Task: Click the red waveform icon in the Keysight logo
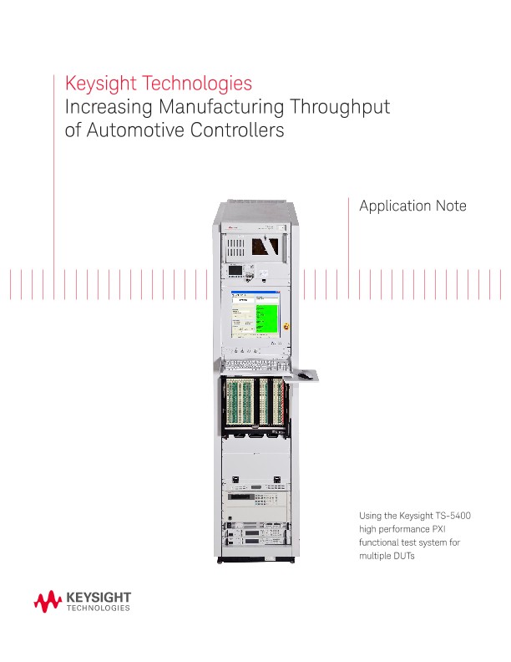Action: tap(48, 601)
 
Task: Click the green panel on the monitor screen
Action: tap(266, 318)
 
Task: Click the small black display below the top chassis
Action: tap(236, 272)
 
